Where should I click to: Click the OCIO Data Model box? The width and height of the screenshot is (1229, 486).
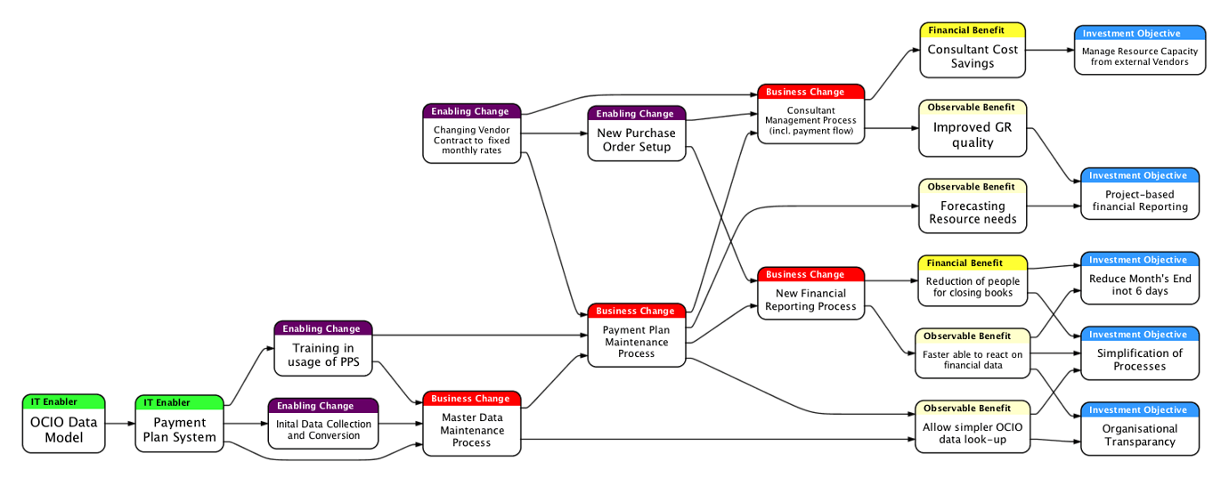63,430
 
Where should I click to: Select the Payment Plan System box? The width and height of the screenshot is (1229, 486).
179,430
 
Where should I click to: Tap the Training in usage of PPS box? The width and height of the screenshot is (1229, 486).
322,354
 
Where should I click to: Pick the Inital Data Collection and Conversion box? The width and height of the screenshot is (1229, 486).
323,430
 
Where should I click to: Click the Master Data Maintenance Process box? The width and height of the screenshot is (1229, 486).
471,430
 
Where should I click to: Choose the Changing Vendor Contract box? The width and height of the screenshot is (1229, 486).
471,140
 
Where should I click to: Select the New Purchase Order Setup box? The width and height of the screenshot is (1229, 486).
636,140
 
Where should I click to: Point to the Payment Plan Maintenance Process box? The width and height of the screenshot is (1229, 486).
636,342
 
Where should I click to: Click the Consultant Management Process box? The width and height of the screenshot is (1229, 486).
810,121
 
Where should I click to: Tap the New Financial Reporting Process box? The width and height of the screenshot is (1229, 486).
810,300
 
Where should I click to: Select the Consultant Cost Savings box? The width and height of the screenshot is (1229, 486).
973,56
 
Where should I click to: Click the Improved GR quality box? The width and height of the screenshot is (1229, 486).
973,134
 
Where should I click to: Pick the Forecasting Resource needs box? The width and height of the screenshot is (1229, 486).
973,213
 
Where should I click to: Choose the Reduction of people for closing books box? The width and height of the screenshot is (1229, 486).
973,288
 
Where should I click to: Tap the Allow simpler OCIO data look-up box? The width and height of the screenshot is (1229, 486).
973,433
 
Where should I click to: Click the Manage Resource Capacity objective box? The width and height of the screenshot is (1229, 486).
1140,57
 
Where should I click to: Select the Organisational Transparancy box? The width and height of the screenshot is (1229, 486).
1140,434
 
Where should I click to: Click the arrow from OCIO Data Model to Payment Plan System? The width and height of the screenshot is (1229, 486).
119,425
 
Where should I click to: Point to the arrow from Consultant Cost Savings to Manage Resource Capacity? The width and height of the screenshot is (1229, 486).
1050,50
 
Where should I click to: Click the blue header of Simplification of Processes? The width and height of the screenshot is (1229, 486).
1140,335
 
